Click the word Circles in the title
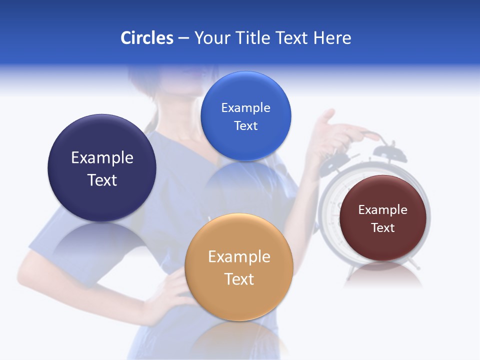147,38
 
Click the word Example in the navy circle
102,158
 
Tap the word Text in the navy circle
102,180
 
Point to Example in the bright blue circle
245,108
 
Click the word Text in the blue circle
245,126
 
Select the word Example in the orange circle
239,257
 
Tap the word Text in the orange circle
239,279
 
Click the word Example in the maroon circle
383,210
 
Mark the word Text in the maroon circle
383,228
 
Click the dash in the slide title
183,38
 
